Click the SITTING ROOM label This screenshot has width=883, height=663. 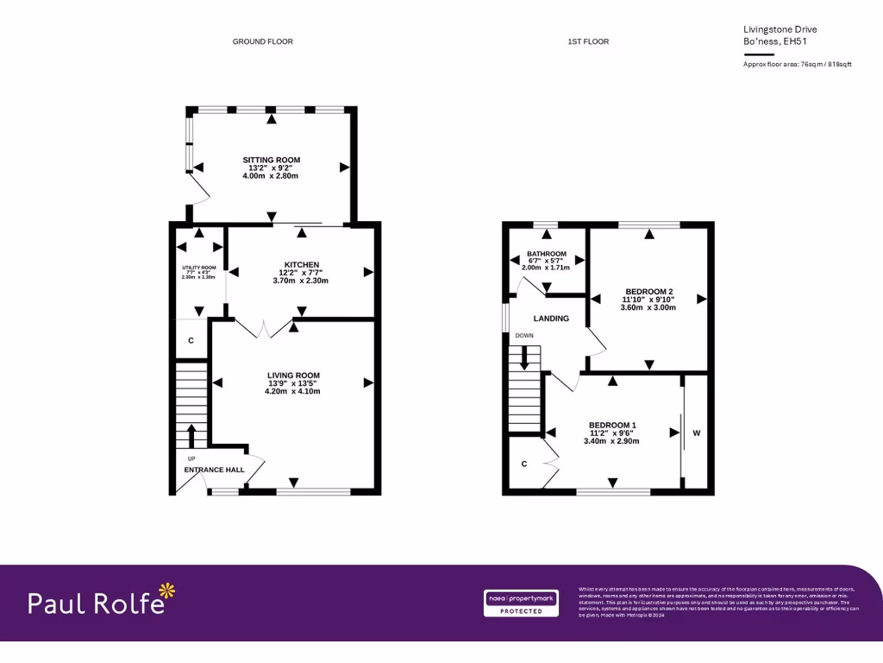[271, 160]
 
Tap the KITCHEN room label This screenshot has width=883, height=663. [302, 264]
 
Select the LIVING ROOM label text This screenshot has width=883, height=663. [293, 376]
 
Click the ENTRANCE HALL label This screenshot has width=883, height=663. [214, 470]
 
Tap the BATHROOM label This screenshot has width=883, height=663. [547, 254]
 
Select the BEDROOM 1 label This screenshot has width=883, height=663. [612, 425]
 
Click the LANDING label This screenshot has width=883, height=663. [551, 319]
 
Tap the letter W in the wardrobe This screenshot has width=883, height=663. [697, 433]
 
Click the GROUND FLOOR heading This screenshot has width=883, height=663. [262, 41]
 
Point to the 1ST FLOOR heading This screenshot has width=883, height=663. [588, 41]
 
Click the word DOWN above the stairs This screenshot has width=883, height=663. [524, 336]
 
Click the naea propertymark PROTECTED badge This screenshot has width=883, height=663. [520, 603]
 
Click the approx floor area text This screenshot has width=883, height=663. [797, 64]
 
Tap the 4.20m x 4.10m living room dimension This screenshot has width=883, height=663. [293, 391]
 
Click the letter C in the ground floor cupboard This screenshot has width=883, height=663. [191, 341]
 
